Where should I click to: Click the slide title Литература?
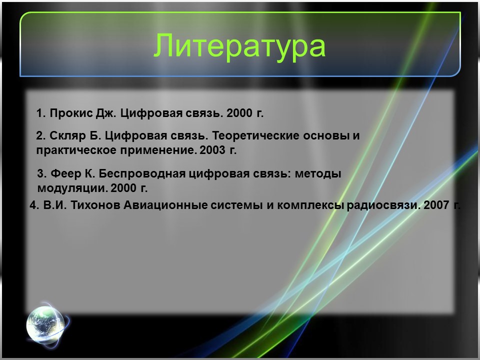click(239, 46)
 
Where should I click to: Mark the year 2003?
click(212, 149)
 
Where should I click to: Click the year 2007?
click(436, 205)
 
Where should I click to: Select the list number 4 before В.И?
click(33, 205)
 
